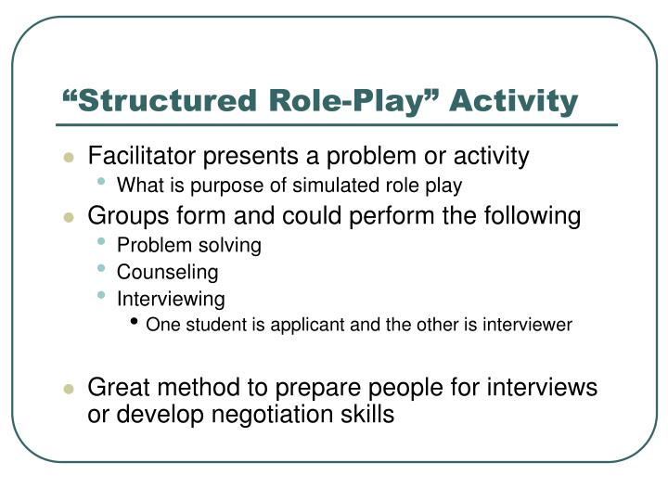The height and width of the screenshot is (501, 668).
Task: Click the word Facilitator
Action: point(135,156)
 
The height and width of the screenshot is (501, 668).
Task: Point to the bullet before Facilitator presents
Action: point(68,157)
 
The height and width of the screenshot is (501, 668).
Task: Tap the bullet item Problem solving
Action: point(188,246)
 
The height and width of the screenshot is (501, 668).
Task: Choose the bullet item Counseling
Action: point(167,273)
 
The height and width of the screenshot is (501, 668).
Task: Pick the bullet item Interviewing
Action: point(171,299)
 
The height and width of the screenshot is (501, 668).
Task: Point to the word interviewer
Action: point(531,325)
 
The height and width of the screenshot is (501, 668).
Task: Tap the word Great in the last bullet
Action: point(116,388)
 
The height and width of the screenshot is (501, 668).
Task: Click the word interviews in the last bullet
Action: point(549,388)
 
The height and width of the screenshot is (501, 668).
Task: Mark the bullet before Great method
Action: point(68,389)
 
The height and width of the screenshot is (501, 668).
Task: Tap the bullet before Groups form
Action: point(68,217)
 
